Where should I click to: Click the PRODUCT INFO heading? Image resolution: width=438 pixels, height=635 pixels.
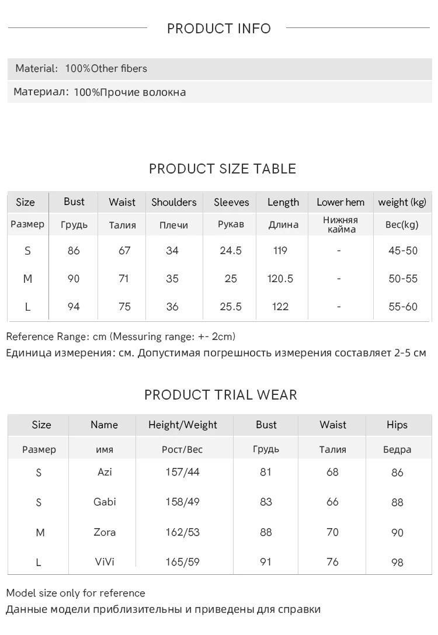tap(219, 29)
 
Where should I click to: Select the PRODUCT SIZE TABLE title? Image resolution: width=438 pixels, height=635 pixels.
tap(223, 169)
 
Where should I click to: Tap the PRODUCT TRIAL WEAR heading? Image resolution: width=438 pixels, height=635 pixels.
tap(221, 395)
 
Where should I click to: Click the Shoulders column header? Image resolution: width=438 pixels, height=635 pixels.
tap(174, 202)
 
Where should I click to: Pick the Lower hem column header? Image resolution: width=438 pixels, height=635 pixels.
tap(340, 202)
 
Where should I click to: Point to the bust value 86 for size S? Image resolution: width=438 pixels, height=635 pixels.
tap(74, 251)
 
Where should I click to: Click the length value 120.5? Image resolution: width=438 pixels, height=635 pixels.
tap(280, 279)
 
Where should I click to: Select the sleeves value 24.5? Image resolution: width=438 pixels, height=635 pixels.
tap(231, 251)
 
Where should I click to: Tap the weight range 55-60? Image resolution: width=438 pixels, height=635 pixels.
tap(403, 307)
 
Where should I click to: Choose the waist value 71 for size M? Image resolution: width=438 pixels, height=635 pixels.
tap(123, 279)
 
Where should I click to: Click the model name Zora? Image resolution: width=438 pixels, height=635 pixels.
tap(105, 532)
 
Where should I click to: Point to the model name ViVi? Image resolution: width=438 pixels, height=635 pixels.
tap(105, 562)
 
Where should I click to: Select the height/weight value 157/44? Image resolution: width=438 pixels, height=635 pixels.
tap(182, 471)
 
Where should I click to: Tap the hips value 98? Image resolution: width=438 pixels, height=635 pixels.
tap(397, 563)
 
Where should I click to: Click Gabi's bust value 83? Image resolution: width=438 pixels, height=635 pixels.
tap(266, 502)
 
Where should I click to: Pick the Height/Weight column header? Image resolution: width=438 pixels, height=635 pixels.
tap(183, 425)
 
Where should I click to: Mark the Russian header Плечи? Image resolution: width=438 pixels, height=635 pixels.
tap(173, 225)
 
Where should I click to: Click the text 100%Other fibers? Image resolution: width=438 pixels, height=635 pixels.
tap(106, 68)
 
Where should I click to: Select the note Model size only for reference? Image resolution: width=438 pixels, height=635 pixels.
tap(75, 593)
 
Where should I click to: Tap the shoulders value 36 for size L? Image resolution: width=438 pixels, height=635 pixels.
tap(172, 307)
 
